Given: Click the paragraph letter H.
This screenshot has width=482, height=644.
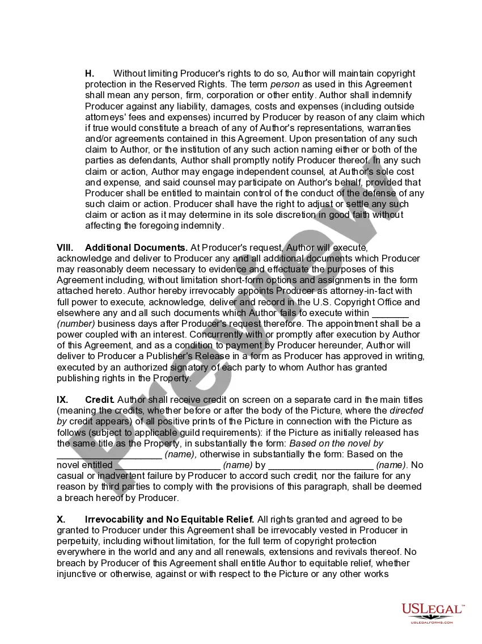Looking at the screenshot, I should point(90,73).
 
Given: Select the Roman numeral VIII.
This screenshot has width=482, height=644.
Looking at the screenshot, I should point(65,247).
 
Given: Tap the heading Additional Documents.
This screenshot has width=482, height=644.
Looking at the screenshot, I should point(136,247).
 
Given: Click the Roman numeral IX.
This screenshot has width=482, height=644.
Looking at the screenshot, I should point(62,399).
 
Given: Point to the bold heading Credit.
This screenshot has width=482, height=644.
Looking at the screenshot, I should point(100,399).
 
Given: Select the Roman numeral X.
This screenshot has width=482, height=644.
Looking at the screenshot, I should point(61,519).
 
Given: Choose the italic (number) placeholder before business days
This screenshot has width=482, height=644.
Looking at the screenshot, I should point(76,323).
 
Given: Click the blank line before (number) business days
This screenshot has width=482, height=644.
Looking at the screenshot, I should point(390,313).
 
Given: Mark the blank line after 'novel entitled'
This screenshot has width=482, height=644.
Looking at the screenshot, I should point(167,465).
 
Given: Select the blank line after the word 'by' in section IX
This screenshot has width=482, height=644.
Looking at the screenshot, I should point(320,465).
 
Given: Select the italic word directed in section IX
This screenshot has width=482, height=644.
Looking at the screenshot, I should point(407,410).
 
